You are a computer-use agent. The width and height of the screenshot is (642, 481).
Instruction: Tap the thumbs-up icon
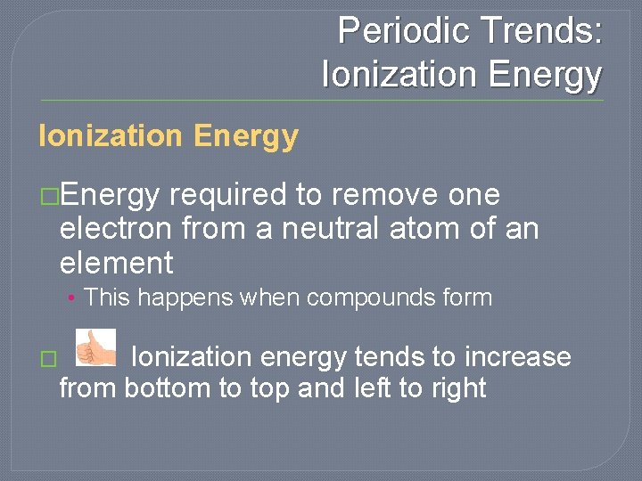95,347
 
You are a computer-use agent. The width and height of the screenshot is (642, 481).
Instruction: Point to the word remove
389,195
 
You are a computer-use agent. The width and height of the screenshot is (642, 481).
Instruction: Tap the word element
116,264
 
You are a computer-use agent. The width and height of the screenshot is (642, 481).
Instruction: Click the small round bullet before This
70,298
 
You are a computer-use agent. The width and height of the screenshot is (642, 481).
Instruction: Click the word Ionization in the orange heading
110,136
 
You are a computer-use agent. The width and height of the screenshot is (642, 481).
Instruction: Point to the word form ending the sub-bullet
469,298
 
